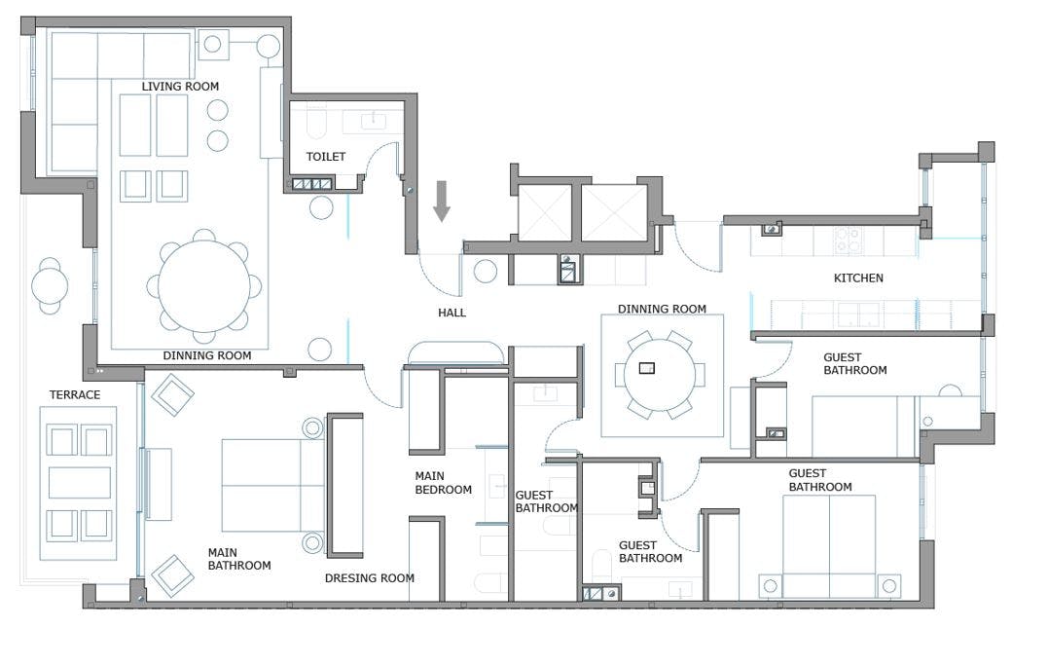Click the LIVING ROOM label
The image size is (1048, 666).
tap(180, 87)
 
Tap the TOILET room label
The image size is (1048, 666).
tap(325, 157)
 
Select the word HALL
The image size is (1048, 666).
tap(452, 314)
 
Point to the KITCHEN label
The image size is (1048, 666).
tap(858, 278)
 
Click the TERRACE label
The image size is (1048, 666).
tap(75, 395)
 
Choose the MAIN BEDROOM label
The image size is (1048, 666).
tap(443, 483)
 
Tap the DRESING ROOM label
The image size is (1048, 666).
tap(369, 578)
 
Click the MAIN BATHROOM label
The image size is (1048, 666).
tap(238, 559)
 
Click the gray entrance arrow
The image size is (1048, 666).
tap(442, 201)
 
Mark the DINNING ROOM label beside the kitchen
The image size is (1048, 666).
tap(662, 310)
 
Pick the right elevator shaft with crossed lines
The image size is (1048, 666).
tap(614, 211)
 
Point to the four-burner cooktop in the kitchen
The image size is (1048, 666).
tap(848, 240)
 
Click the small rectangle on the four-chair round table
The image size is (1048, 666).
tap(646, 368)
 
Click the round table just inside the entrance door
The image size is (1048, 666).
tap(486, 272)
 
